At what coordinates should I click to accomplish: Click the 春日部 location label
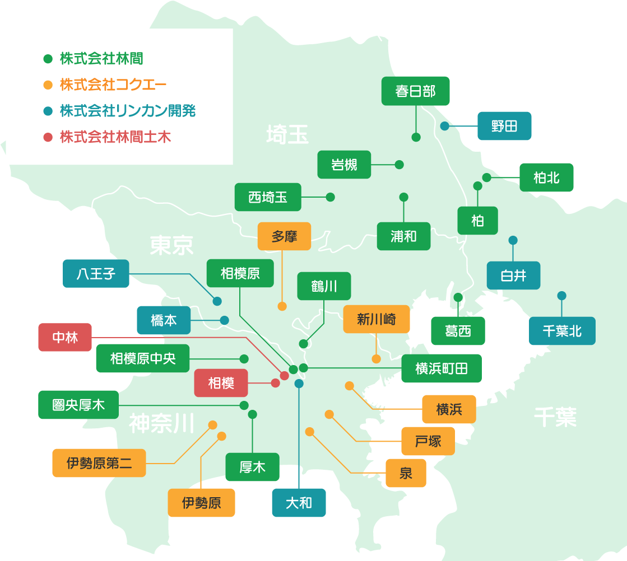point(415,91)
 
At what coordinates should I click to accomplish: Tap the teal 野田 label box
point(504,126)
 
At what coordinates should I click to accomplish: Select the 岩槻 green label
point(344,165)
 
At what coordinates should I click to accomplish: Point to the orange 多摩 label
point(284,236)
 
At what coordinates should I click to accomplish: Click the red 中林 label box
point(65,338)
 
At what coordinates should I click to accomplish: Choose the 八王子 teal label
point(96,274)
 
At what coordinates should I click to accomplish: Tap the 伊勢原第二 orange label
point(99,463)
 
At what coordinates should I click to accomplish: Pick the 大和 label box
point(299,503)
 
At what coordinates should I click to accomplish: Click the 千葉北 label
point(562,331)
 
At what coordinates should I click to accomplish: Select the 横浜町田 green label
point(441,368)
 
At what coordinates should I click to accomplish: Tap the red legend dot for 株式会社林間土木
point(48,137)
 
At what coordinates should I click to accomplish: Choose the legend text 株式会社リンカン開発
point(128,111)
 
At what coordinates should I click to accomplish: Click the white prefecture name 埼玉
point(287,134)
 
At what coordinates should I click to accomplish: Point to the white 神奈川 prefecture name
point(161,424)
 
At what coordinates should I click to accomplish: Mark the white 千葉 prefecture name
point(555,417)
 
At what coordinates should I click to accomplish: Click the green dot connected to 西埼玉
point(330,197)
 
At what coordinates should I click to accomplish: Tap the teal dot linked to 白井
point(513,241)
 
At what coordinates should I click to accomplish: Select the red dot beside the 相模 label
point(276,383)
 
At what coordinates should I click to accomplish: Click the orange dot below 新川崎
point(376,359)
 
